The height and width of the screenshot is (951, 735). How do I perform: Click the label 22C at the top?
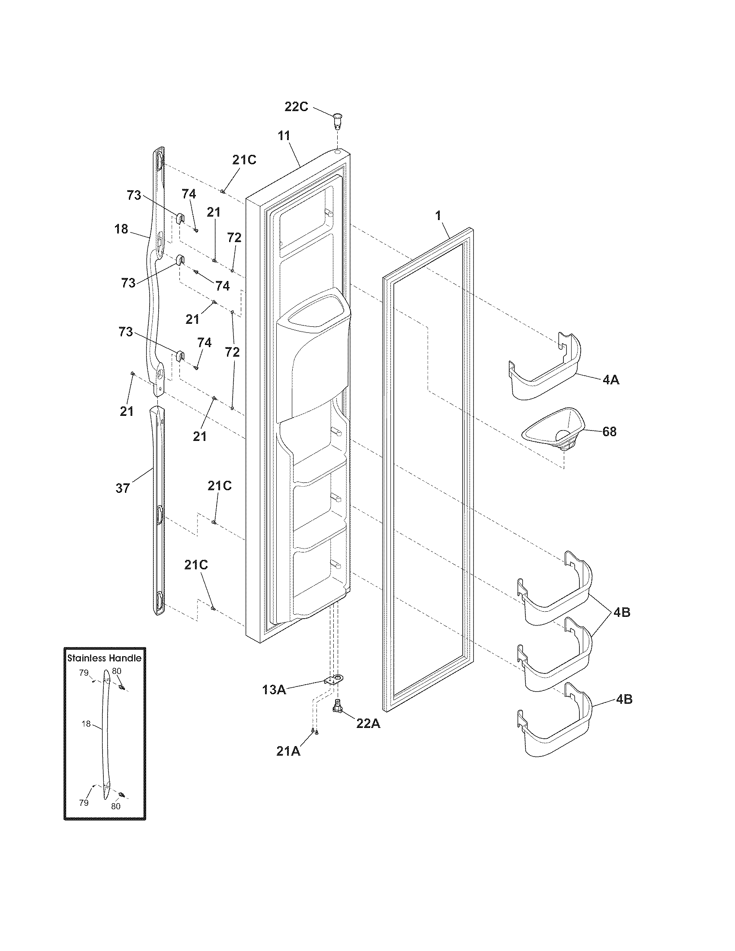[296, 107]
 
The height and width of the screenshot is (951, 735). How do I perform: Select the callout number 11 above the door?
[284, 135]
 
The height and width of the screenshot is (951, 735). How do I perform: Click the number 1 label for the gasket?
[438, 216]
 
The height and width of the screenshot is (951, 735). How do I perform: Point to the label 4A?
[611, 380]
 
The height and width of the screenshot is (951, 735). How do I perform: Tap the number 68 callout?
[610, 432]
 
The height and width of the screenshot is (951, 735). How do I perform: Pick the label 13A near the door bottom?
[274, 690]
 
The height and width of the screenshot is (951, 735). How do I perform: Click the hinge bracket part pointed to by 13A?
[334, 680]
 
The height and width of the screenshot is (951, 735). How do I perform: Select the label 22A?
[368, 723]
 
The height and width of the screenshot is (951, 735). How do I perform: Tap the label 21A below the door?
[288, 751]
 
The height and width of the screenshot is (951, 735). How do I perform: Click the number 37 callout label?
[123, 488]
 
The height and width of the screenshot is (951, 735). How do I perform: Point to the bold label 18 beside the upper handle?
[121, 229]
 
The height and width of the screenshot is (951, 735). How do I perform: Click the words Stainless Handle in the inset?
[105, 658]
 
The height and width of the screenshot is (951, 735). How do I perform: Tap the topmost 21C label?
[244, 160]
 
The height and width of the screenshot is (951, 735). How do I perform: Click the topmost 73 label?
[134, 195]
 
